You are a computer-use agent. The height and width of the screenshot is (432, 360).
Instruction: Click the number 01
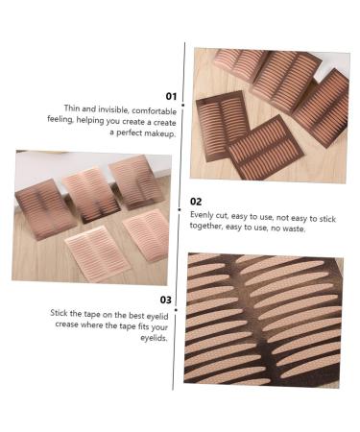(x=171, y=96)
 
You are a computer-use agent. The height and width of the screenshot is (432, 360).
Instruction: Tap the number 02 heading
(x=196, y=202)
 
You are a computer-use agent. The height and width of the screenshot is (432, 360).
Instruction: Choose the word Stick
(x=62, y=313)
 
